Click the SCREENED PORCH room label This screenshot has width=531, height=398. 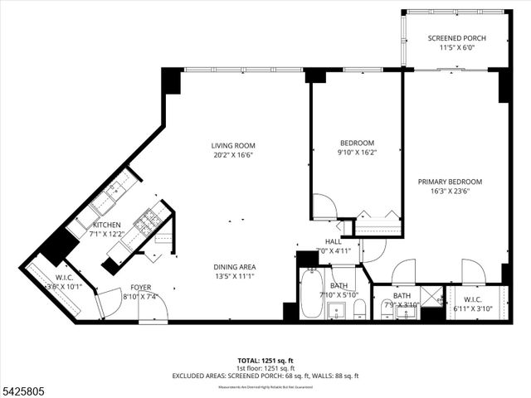point(456,39)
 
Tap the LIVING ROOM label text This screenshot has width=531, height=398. point(232,146)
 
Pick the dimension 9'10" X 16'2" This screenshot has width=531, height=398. point(357,153)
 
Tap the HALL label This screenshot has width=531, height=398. point(334,241)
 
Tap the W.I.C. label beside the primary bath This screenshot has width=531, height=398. point(473,300)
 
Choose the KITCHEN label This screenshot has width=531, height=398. point(106,225)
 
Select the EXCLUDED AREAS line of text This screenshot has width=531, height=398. point(265,376)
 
